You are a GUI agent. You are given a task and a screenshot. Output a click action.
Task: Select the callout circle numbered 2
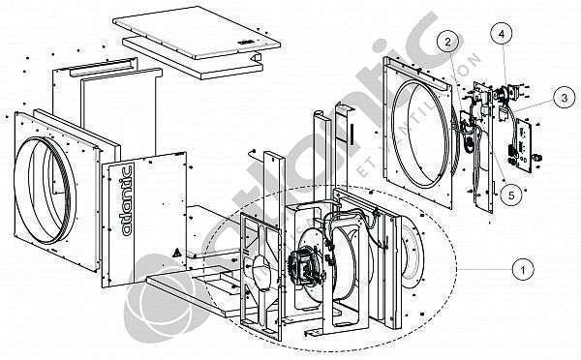pyautogui.click(x=448, y=41)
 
